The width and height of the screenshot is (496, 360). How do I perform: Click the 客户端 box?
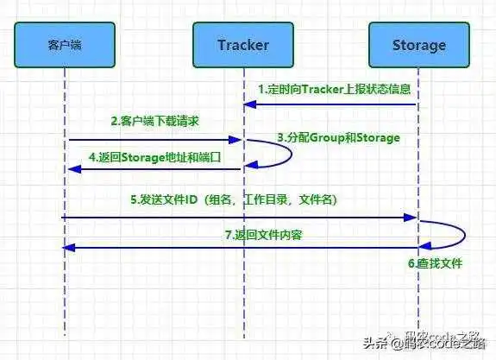64,44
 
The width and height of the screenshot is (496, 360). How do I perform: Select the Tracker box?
242,44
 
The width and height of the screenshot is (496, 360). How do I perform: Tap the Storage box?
419,44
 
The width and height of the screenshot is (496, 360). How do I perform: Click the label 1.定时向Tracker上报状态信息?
333,90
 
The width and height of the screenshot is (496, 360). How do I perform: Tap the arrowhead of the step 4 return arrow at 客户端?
70,169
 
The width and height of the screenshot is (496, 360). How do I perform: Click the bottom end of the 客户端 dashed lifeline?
64,332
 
